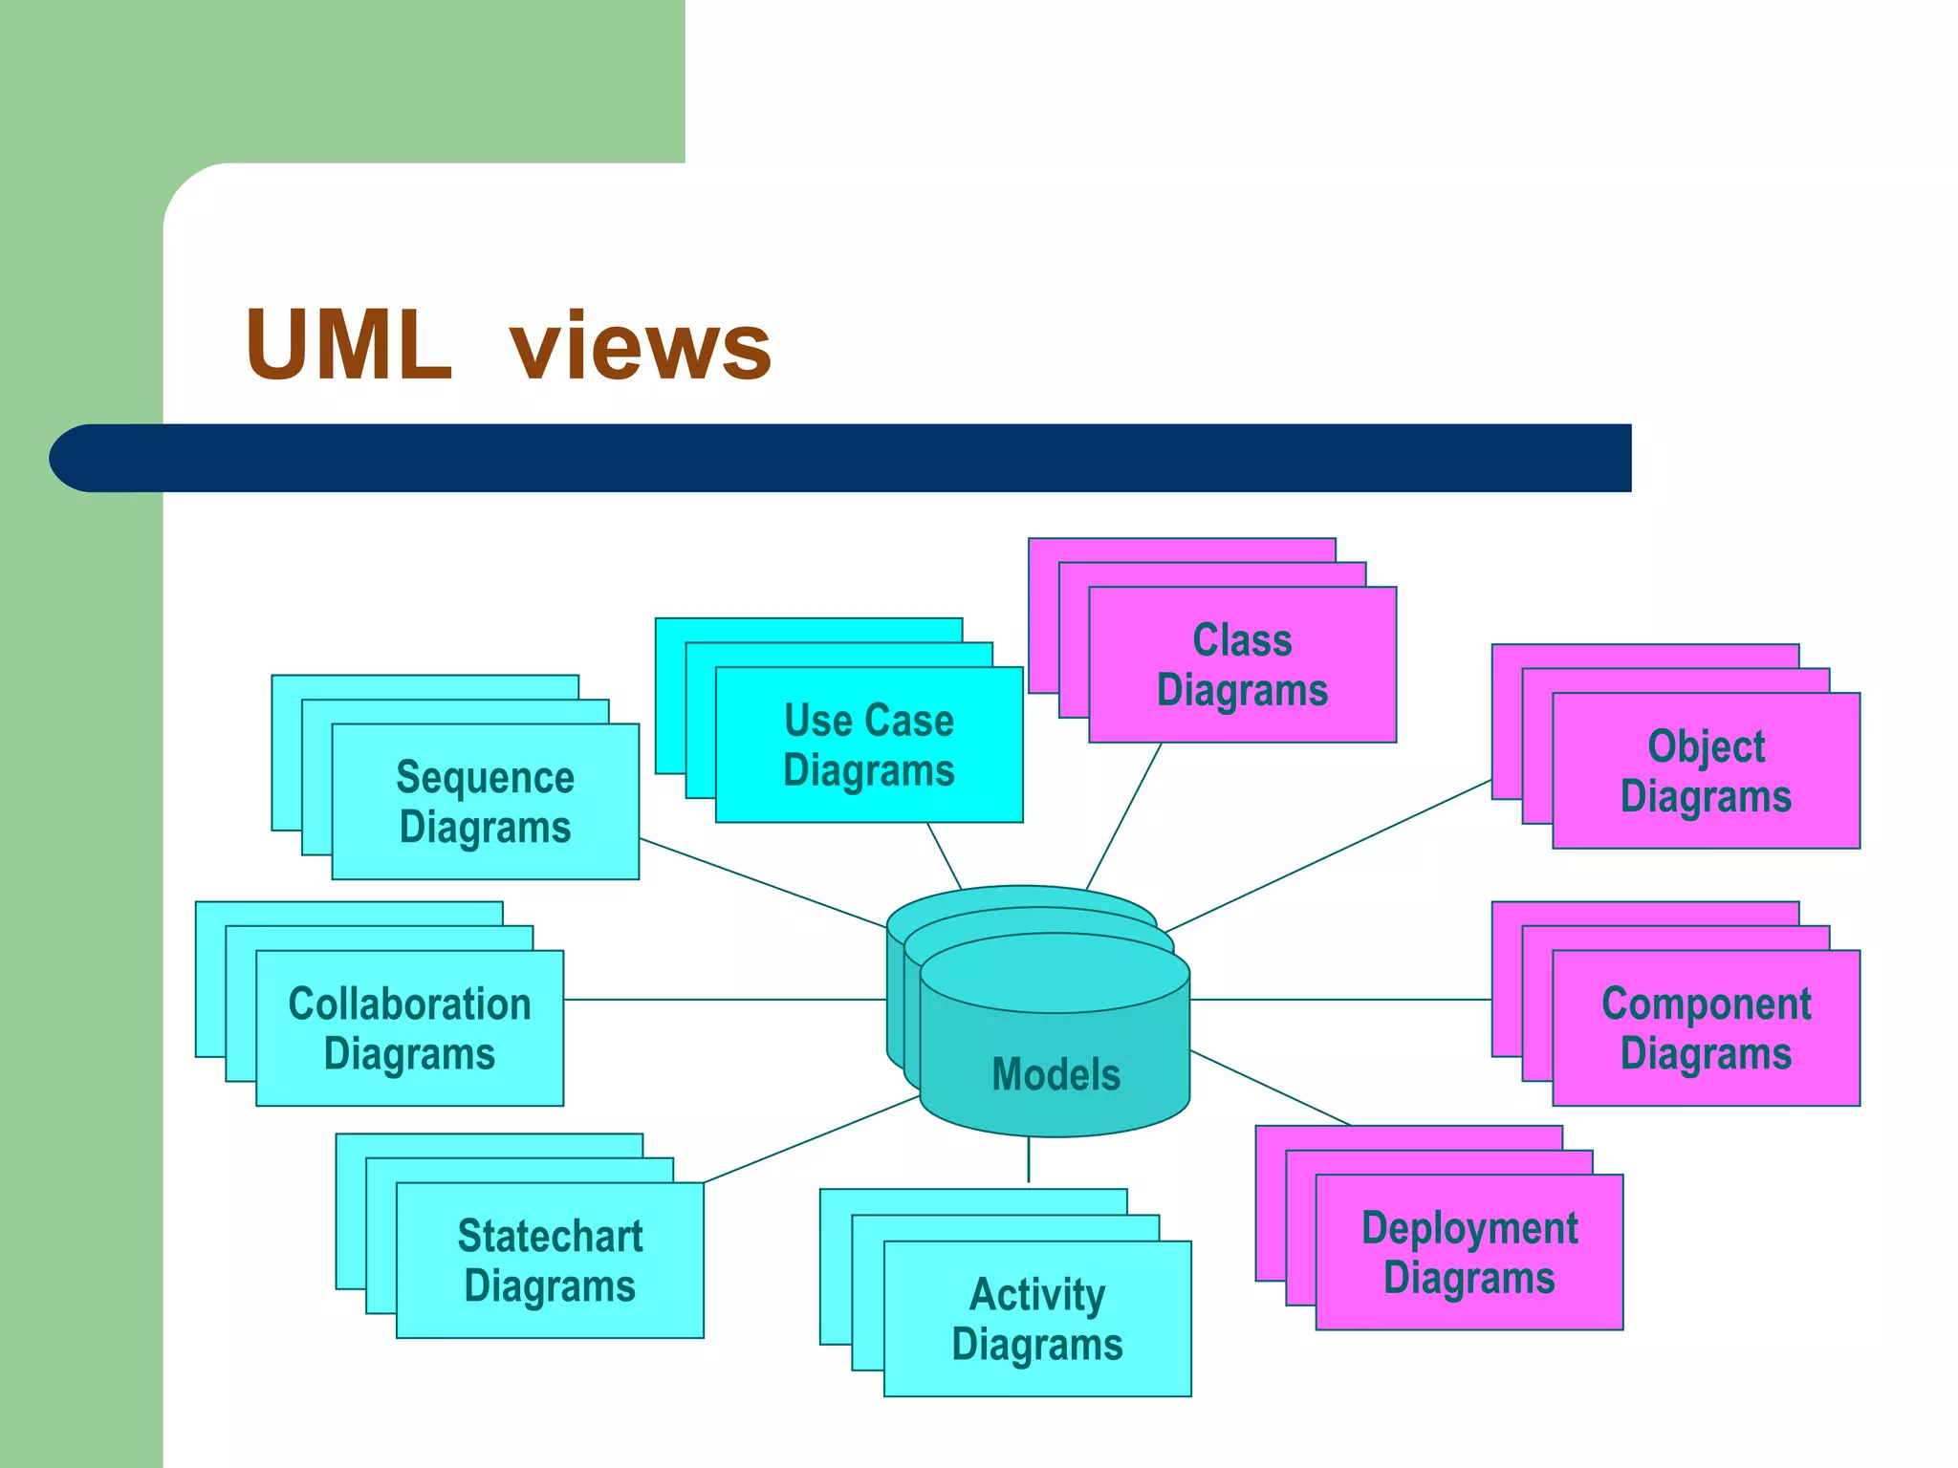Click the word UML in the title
pos(349,346)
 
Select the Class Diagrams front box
pos(1242,665)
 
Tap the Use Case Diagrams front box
pos(868,745)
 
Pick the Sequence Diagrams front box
pos(485,802)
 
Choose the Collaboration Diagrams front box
pos(409,1028)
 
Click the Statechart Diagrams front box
pos(550,1261)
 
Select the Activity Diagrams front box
pos(1037,1319)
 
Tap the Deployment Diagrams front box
pos(1469,1252)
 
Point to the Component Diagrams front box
pos(1706,1028)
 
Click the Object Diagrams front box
pos(1706,770)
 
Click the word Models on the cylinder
pos(1055,1074)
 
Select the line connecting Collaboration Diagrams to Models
pos(725,1000)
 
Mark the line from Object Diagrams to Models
pos(1329,855)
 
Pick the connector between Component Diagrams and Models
pos(1340,1000)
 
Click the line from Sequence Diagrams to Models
pos(763,883)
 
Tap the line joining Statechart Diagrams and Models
pos(811,1139)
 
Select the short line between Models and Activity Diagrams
pos(1029,1160)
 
